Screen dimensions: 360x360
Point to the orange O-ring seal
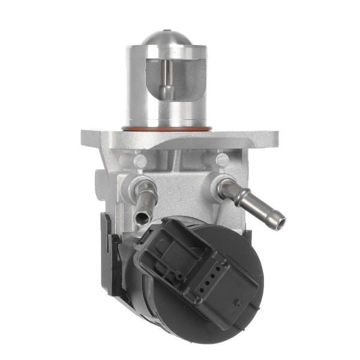tap(167, 128)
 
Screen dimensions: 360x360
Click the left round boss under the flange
tap(139, 160)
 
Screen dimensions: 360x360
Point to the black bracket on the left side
tap(108, 258)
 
